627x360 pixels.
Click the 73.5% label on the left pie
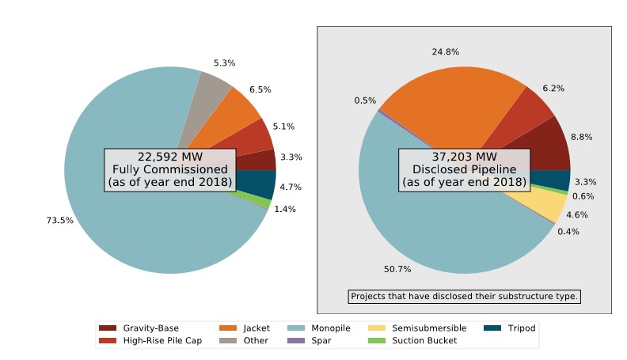(60, 220)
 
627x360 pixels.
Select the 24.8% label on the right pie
(446, 52)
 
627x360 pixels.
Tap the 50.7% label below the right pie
(398, 269)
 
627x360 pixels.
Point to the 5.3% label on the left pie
(224, 63)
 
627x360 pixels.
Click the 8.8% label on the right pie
(581, 137)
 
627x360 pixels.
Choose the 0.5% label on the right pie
(365, 100)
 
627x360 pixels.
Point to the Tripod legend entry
(511, 328)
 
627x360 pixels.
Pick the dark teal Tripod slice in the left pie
(263, 185)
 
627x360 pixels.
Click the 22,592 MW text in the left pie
(170, 156)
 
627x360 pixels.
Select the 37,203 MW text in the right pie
(464, 156)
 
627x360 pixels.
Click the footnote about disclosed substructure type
(465, 297)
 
